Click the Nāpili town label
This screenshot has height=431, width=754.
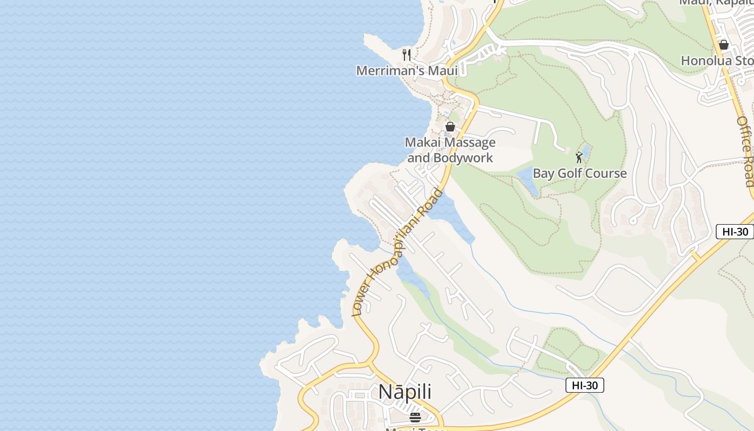point(405,392)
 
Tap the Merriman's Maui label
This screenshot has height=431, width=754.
point(407,71)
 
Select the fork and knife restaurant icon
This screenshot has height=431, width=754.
point(407,54)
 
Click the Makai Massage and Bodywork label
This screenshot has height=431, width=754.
point(450,150)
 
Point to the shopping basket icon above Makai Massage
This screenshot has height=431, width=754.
point(450,127)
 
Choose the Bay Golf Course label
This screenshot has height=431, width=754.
point(580,173)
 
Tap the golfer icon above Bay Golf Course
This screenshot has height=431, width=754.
point(579,157)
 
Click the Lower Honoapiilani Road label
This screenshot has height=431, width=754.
point(397,252)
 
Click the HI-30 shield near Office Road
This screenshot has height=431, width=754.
point(735,232)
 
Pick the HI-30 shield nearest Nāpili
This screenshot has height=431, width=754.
point(584,385)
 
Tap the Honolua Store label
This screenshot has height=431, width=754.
point(717,60)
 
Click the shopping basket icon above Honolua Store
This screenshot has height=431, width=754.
point(724,45)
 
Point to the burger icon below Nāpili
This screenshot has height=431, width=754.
point(415,417)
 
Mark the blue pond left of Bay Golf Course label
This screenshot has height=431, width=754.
point(528,180)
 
